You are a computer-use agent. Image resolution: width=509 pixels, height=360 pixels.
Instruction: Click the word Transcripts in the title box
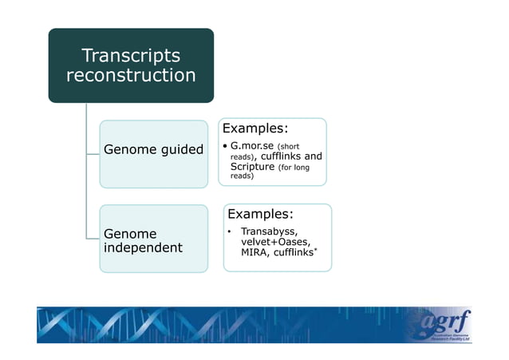tap(131, 56)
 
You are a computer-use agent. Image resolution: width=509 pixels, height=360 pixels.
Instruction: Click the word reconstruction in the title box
tap(131, 76)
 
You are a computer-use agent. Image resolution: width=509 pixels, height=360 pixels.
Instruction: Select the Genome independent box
tap(152, 239)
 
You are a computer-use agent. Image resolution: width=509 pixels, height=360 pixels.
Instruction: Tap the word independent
tap(144, 248)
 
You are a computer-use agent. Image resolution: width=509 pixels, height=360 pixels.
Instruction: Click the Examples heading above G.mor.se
tap(254, 129)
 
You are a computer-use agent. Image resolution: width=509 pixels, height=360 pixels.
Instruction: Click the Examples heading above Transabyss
tap(260, 214)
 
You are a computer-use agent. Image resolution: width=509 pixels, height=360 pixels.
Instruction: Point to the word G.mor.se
tap(251, 147)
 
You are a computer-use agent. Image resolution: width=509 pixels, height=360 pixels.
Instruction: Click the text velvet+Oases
tap(276, 243)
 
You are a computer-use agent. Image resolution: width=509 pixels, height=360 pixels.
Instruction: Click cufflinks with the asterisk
tap(294, 253)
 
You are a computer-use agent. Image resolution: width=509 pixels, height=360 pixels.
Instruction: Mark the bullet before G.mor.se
tap(226, 147)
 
